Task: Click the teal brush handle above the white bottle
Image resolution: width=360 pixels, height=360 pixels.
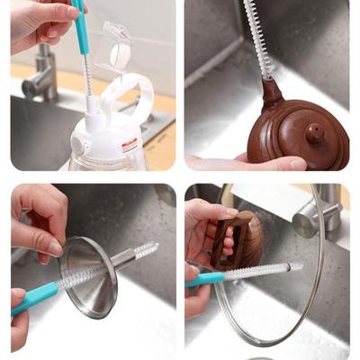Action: click(80, 27)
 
